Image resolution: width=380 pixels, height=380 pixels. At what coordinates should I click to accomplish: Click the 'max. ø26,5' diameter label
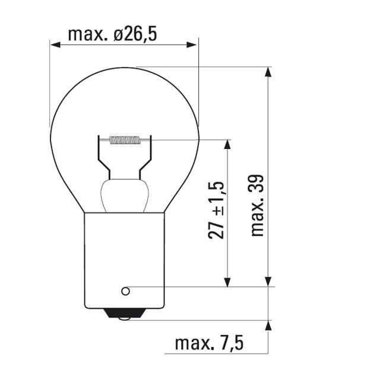click(112, 34)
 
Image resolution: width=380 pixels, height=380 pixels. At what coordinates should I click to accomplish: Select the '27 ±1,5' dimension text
click(218, 211)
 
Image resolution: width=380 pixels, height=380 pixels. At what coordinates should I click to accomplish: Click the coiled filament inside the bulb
click(125, 141)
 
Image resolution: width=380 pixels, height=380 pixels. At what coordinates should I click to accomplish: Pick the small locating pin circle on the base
click(125, 291)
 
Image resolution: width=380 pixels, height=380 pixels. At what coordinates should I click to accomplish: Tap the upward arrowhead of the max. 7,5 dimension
click(268, 326)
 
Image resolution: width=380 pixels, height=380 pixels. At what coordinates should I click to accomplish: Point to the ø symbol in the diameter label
click(119, 34)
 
